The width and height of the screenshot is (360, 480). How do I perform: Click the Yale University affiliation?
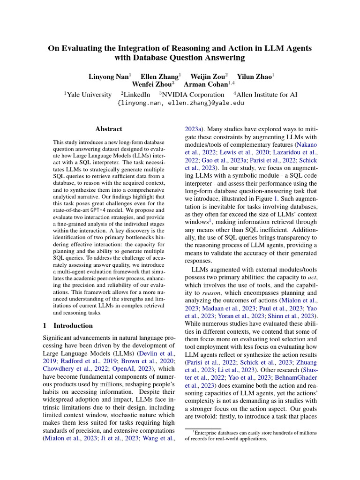coord(89,94)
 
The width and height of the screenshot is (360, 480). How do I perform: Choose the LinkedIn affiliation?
coord(136,94)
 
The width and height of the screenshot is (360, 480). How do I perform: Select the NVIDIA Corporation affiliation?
coord(193,94)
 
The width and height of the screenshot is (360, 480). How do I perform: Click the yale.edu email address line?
coord(180,103)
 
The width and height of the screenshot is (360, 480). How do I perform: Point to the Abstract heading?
coord(108,129)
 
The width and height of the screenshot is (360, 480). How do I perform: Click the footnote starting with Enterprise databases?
coord(251,435)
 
